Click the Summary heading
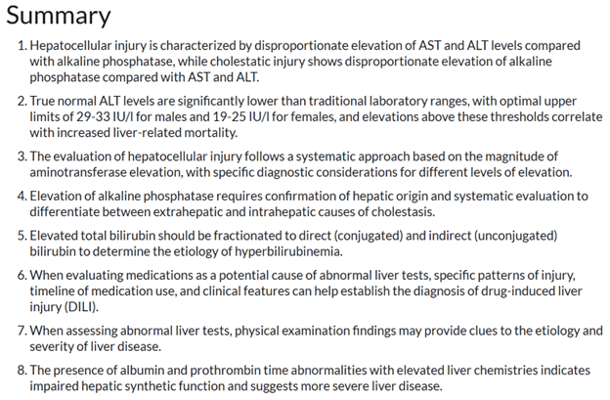tap(59, 17)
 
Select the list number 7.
tap(22, 331)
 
